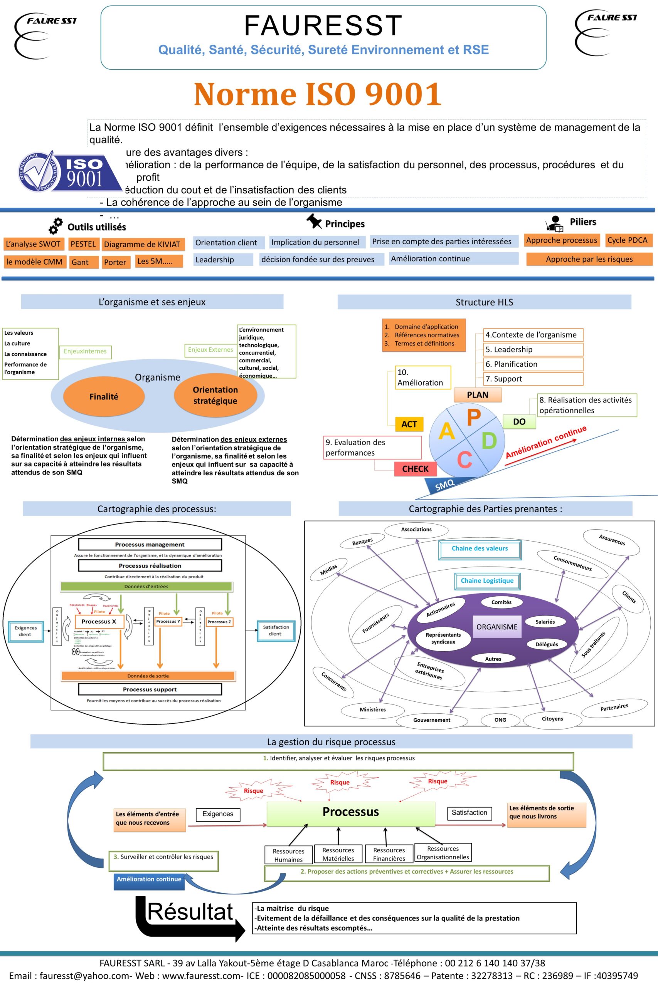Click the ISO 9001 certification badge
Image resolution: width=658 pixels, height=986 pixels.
69,172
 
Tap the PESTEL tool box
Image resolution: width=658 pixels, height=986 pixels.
83,244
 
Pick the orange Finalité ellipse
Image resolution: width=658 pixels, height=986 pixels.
104,397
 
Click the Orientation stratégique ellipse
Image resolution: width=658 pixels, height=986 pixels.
215,395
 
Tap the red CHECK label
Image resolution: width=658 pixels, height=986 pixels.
415,469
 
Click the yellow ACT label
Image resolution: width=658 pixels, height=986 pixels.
409,424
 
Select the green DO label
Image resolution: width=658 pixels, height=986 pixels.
519,422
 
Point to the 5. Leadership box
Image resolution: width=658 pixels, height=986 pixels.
533,350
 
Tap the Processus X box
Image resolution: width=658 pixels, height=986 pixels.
99,621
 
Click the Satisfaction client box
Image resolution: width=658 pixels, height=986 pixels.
276,630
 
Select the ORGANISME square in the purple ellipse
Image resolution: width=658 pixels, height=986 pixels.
497,627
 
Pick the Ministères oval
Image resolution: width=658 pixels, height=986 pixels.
373,709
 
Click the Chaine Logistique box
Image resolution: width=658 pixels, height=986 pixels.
487,580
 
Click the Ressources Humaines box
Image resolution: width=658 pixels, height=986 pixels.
288,855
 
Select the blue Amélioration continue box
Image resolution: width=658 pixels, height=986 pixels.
148,879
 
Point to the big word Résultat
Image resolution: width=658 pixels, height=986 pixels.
190,911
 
